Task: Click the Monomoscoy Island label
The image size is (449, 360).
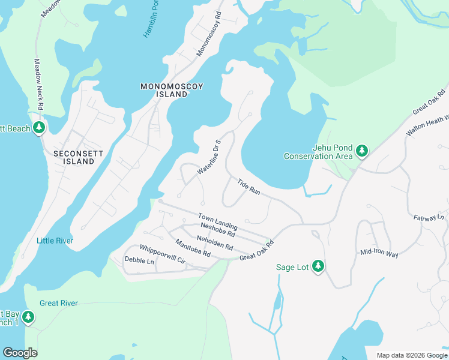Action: (172, 91)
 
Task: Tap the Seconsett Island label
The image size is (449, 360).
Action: (79, 158)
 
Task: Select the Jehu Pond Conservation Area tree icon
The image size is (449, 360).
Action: (361, 151)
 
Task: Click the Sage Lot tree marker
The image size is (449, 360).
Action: (318, 266)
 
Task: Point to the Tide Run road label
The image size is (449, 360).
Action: (249, 187)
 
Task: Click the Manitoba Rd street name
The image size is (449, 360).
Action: (193, 248)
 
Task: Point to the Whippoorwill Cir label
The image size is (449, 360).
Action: (163, 255)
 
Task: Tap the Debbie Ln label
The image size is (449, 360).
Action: (139, 261)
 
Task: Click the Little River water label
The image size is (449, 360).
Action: (55, 241)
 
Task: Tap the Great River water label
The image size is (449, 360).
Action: (58, 303)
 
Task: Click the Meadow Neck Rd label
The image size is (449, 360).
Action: (38, 83)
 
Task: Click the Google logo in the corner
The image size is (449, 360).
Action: (20, 353)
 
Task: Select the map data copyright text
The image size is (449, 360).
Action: (411, 355)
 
